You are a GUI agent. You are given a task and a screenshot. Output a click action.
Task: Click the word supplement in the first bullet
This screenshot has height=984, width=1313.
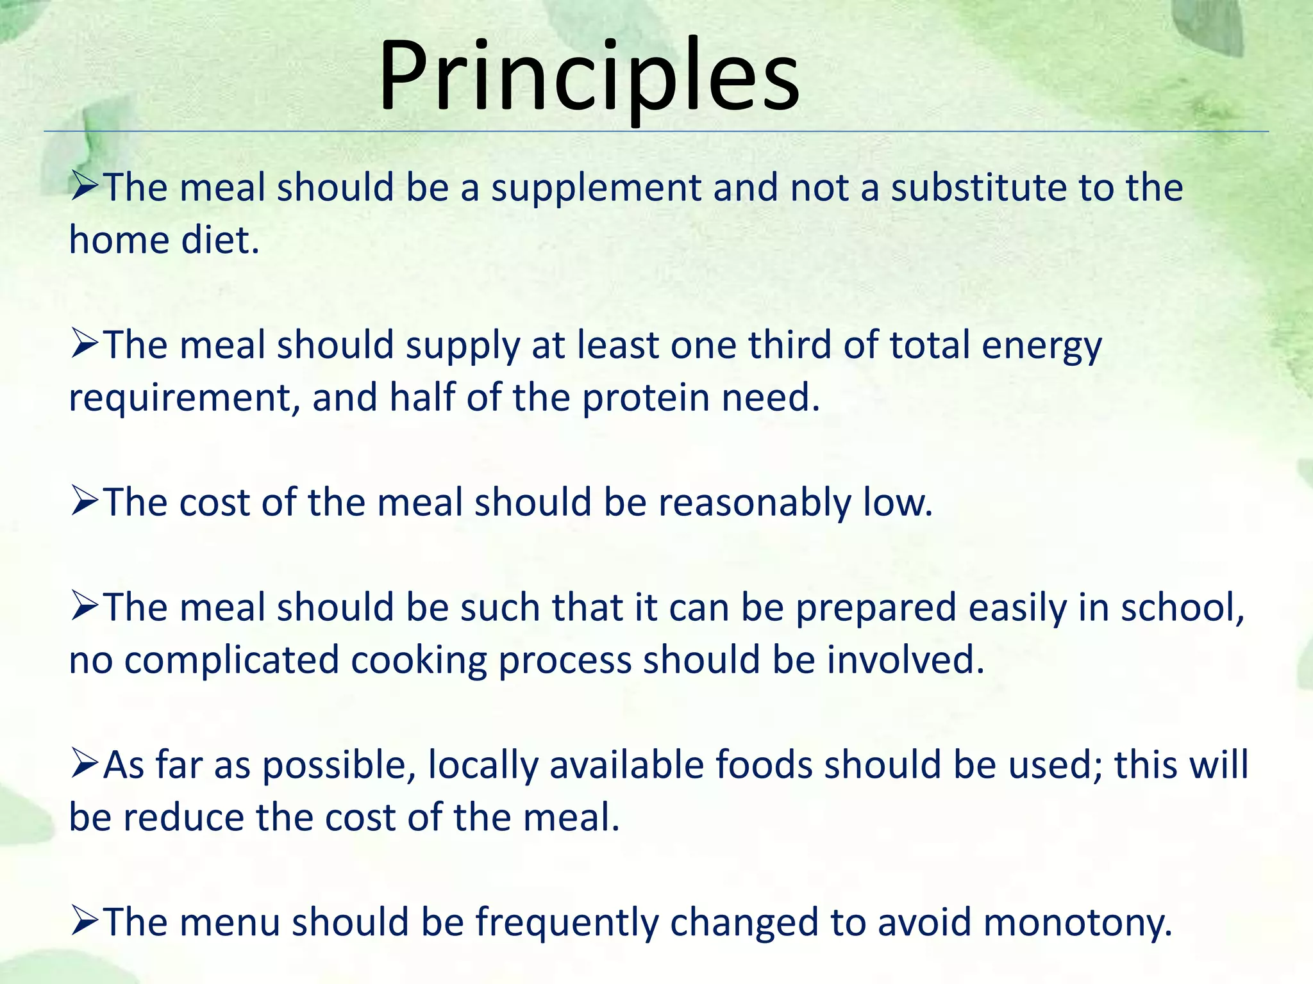pyautogui.click(x=596, y=188)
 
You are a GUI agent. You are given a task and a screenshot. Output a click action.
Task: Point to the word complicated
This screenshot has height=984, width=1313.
pyautogui.click(x=231, y=661)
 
